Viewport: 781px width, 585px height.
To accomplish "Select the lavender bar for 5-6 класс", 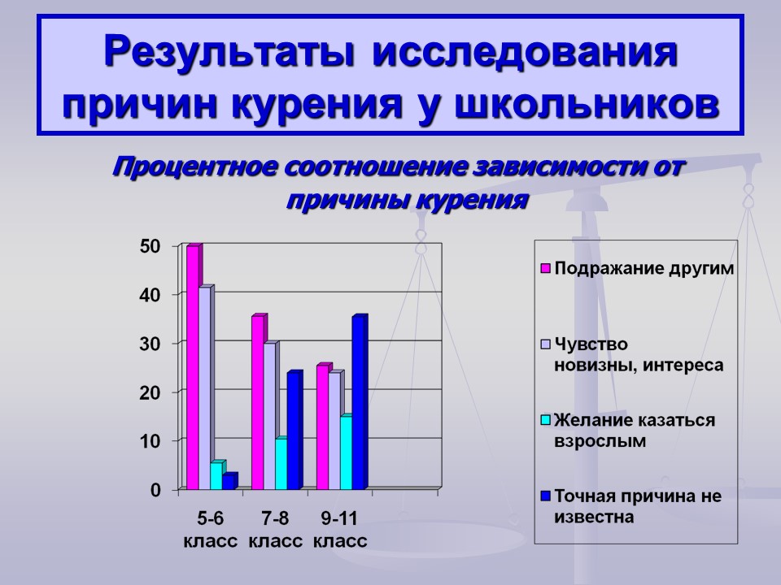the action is pos(206,388).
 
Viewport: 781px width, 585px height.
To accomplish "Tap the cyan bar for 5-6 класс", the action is pos(218,475).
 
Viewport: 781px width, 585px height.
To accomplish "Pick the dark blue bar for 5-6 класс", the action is pos(230,481).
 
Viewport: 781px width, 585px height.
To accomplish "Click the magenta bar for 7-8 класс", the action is pos(260,402).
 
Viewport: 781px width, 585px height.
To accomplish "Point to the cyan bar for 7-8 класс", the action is pos(283,463).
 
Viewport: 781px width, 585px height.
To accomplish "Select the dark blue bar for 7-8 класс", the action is pos(295,431).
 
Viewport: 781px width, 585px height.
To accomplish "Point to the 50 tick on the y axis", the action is pos(150,246).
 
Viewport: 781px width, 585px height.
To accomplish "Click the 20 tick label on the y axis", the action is pos(150,392).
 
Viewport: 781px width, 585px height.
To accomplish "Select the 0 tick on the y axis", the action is pos(156,490).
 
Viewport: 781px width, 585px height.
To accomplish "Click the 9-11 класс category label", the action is pos(340,530).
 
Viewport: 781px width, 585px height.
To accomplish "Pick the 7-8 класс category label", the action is pos(276,530).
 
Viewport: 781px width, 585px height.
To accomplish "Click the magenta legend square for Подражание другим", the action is pos(545,269).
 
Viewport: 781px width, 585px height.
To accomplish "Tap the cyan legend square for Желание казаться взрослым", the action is pos(545,420).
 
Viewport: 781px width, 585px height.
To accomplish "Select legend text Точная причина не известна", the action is pos(638,506).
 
